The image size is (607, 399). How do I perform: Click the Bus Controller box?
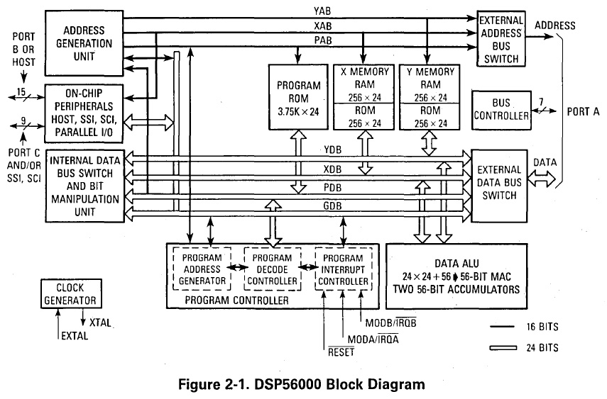[x=501, y=109]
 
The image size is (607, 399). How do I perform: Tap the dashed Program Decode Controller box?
[x=273, y=269]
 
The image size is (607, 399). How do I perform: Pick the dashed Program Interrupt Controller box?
[x=344, y=269]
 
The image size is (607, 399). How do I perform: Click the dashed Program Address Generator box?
[x=202, y=269]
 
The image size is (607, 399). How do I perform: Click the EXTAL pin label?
[x=74, y=335]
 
